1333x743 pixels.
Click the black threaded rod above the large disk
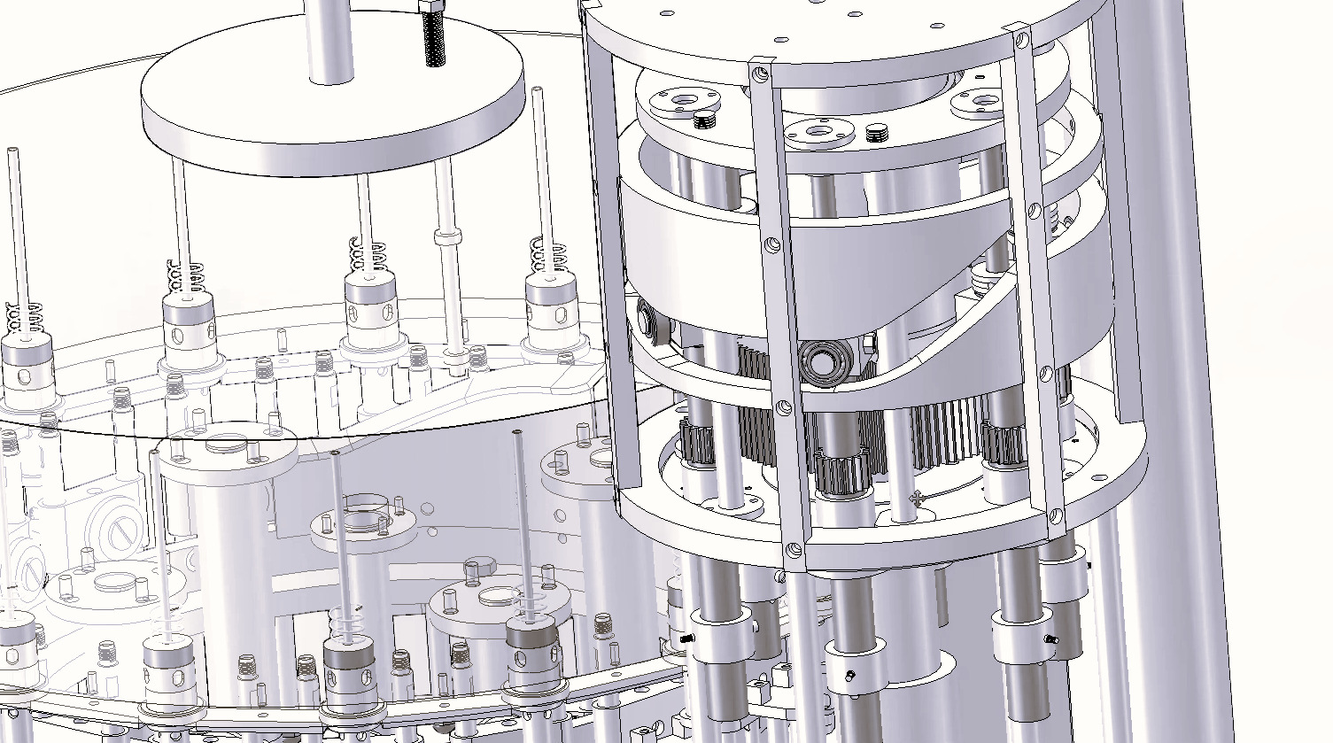coord(433,40)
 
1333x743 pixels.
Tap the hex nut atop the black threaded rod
coord(431,6)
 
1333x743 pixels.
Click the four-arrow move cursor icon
coord(918,500)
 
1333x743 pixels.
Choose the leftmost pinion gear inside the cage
coord(697,443)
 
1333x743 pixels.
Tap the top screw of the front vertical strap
coord(758,74)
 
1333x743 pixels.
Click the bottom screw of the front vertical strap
coord(794,549)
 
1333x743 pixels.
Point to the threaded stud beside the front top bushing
coord(876,134)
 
